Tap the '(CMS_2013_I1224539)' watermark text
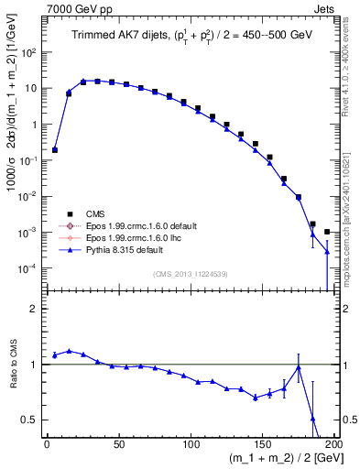click(x=191, y=272)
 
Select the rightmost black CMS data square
click(x=327, y=232)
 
